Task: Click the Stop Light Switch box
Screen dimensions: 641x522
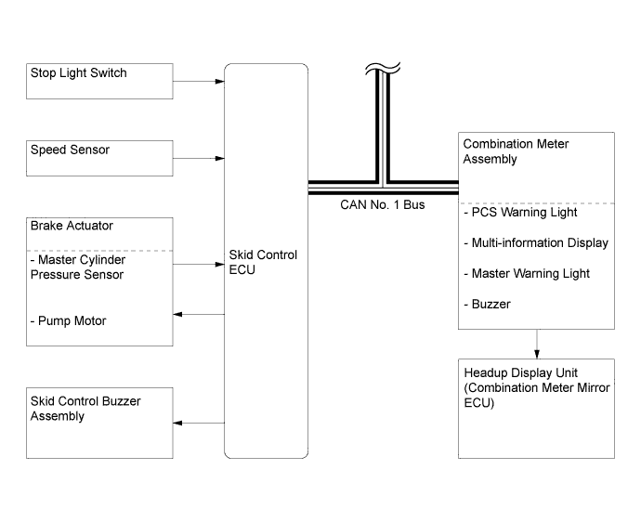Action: point(99,81)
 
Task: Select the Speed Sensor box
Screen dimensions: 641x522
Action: point(99,158)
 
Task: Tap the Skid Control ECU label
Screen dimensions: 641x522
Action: point(263,262)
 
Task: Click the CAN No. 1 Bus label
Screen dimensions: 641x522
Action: point(382,204)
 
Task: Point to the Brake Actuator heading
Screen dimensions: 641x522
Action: point(72,226)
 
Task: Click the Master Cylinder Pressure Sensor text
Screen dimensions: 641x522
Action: point(78,267)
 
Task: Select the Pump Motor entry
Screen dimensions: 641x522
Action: point(68,320)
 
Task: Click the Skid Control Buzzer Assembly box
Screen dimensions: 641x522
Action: point(99,423)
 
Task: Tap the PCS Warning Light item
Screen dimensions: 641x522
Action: point(520,212)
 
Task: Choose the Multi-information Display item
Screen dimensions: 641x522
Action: point(536,242)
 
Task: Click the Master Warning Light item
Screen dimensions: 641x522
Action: point(527,273)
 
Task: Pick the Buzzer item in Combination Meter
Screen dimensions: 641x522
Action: point(487,304)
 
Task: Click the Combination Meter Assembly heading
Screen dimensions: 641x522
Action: point(516,151)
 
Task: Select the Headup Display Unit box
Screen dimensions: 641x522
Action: point(536,409)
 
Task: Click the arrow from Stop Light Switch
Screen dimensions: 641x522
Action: point(199,82)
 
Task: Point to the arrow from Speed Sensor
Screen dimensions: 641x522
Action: point(199,158)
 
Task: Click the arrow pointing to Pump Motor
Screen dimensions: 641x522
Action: point(199,314)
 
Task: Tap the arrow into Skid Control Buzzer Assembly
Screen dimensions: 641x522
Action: point(199,423)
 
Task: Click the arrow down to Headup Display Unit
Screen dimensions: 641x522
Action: point(537,345)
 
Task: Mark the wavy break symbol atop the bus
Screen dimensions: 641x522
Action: point(383,69)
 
